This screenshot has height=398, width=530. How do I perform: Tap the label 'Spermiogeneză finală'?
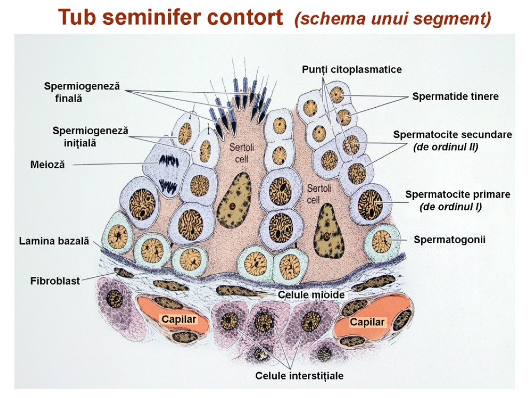tap(81, 92)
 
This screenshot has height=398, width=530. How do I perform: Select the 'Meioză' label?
tap(48, 165)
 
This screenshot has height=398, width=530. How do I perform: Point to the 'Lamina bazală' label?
tap(54, 241)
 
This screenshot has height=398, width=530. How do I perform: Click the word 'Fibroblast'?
tap(55, 281)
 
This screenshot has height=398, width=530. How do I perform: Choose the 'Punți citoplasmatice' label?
tap(351, 69)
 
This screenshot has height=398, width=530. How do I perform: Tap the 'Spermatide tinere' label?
tap(455, 96)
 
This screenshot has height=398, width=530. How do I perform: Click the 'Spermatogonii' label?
tap(449, 239)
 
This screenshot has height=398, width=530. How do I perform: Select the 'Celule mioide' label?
tap(311, 295)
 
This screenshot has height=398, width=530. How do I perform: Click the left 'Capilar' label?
tap(179, 319)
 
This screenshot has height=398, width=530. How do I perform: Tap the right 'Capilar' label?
tap(367, 322)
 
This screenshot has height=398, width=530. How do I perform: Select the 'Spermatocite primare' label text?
tap(457, 195)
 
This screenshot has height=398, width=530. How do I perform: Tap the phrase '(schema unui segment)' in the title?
tap(392, 19)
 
